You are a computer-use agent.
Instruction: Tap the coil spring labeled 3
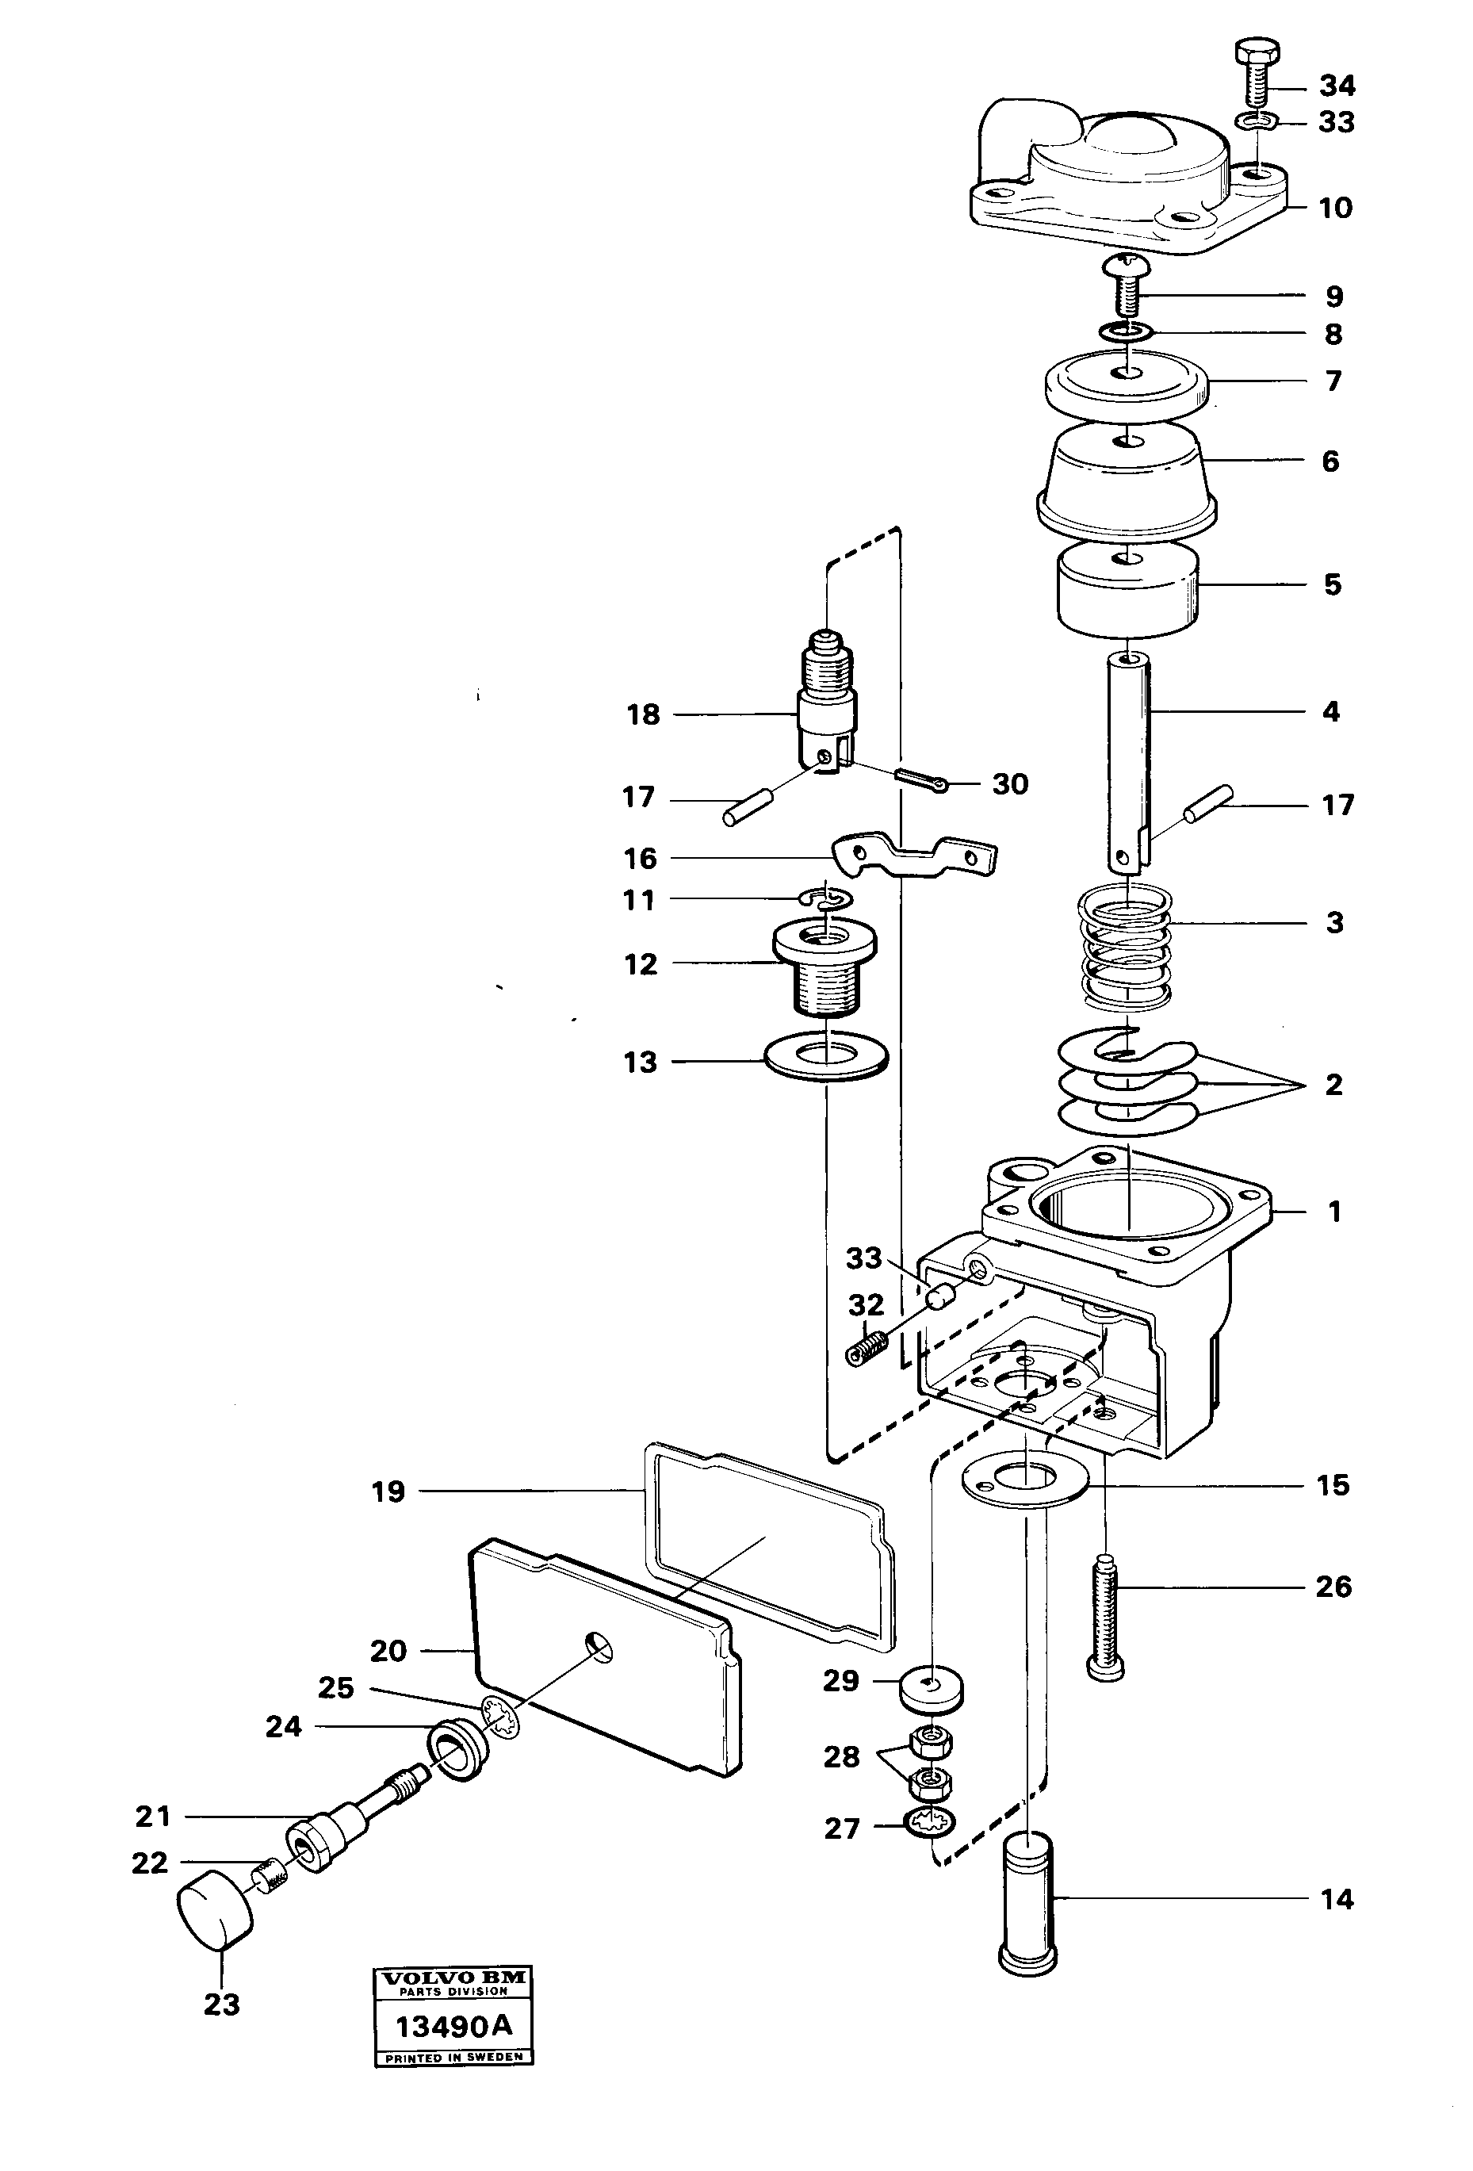coord(1126,950)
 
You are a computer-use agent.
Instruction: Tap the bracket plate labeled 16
coord(913,855)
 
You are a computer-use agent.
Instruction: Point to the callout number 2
coord(1333,1085)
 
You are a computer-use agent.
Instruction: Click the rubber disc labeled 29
coord(930,1688)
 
